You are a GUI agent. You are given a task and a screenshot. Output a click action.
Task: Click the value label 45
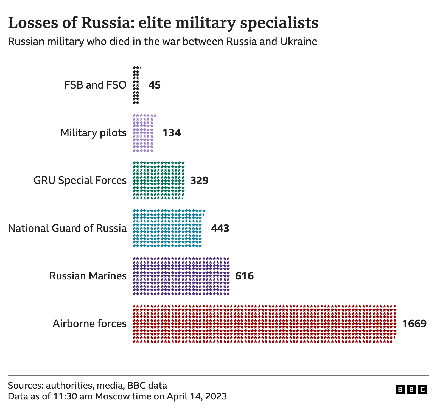(154, 85)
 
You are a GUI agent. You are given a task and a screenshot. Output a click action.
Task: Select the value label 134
(172, 133)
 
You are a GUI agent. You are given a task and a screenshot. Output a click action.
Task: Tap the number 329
(199, 181)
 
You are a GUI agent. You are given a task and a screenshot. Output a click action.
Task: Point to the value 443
(220, 228)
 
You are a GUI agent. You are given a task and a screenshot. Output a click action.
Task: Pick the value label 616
(244, 276)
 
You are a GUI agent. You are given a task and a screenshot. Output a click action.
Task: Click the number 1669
(414, 324)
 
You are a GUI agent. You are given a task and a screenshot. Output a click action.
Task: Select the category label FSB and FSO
(95, 85)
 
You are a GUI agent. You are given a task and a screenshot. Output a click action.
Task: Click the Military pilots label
(93, 133)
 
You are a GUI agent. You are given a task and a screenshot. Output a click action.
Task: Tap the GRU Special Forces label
(80, 181)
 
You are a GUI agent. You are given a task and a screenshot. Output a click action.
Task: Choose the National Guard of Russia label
(67, 228)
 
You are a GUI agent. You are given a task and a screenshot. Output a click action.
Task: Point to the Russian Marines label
(88, 276)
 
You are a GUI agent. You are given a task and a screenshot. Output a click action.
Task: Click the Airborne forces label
(89, 324)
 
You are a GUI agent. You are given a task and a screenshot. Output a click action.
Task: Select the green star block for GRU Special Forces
(158, 181)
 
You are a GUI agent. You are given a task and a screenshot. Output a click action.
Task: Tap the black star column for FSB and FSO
(136, 85)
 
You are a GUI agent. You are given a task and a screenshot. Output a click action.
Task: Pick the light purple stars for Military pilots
(143, 133)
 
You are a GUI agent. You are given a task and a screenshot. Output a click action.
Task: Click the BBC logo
(411, 389)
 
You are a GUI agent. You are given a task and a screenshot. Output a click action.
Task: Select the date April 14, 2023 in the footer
(197, 396)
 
